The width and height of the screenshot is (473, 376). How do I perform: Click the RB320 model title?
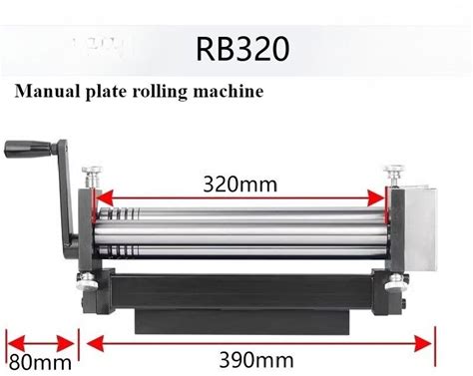(x=242, y=49)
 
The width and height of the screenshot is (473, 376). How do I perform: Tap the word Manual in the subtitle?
(x=47, y=91)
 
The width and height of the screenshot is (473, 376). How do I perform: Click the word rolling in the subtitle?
(x=161, y=92)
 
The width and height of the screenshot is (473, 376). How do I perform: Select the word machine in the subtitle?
(x=229, y=91)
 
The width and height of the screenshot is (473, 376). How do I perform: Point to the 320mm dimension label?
(x=239, y=185)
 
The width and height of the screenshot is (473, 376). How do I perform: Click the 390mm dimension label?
(x=256, y=360)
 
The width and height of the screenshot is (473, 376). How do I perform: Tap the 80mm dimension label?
(x=40, y=362)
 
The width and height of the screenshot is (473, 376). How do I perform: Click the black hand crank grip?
(x=28, y=150)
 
